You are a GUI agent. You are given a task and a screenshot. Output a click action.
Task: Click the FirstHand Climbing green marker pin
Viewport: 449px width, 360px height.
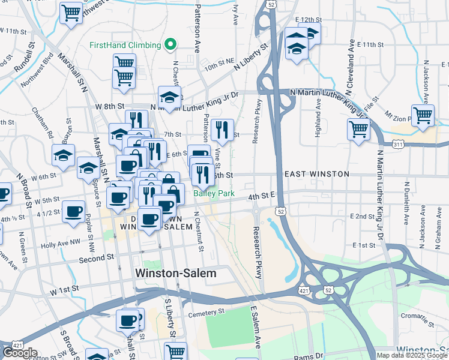point(170,45)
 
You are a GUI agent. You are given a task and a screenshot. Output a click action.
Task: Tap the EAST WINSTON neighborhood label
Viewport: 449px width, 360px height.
point(316,174)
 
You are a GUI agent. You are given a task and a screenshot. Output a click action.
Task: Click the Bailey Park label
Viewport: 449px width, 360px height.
point(214,194)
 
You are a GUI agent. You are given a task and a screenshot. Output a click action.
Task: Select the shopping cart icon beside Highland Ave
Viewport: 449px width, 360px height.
point(358,128)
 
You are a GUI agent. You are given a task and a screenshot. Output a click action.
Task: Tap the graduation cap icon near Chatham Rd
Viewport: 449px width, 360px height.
point(63,155)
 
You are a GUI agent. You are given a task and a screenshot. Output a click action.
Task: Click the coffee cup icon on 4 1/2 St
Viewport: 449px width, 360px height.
point(74,212)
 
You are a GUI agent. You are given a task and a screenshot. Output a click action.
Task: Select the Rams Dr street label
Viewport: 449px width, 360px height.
point(308,357)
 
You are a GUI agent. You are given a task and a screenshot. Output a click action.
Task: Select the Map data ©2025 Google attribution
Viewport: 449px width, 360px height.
point(412,355)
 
